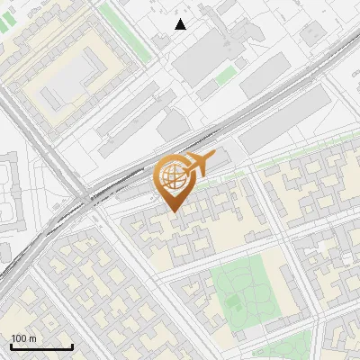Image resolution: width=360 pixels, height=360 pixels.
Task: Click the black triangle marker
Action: click(x=181, y=24)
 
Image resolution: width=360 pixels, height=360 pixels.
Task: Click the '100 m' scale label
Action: click(x=23, y=338)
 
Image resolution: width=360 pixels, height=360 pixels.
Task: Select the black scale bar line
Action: click(x=41, y=346)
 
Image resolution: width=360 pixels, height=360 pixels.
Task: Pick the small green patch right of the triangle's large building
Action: click(x=225, y=76)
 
